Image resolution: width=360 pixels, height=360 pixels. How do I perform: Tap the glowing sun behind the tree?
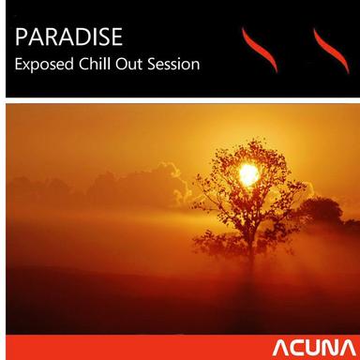tap(249, 172)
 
